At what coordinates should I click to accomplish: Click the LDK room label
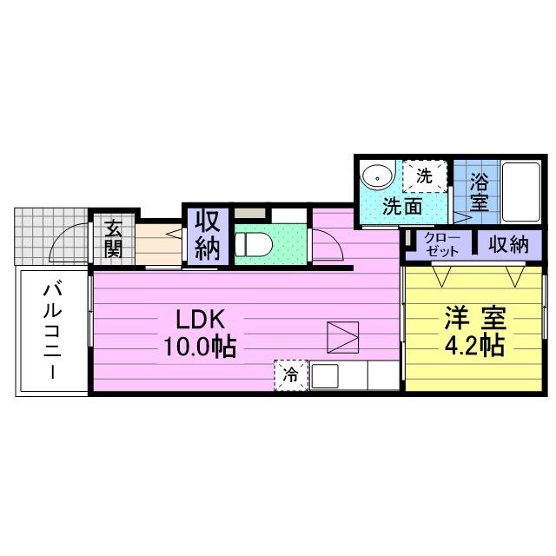pyautogui.click(x=202, y=316)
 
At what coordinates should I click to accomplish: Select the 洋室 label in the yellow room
pyautogui.click(x=475, y=317)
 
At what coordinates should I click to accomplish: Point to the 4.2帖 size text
pyautogui.click(x=474, y=347)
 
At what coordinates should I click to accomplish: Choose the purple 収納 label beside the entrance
pyautogui.click(x=208, y=235)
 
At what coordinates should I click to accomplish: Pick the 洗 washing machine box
pyautogui.click(x=425, y=175)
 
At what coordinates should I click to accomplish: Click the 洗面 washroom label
pyautogui.click(x=403, y=207)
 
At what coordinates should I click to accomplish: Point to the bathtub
pyautogui.click(x=520, y=191)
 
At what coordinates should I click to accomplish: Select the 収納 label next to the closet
pyautogui.click(x=508, y=245)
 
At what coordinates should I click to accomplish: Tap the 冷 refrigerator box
pyautogui.click(x=291, y=375)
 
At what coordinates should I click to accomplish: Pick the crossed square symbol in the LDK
pyautogui.click(x=342, y=336)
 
